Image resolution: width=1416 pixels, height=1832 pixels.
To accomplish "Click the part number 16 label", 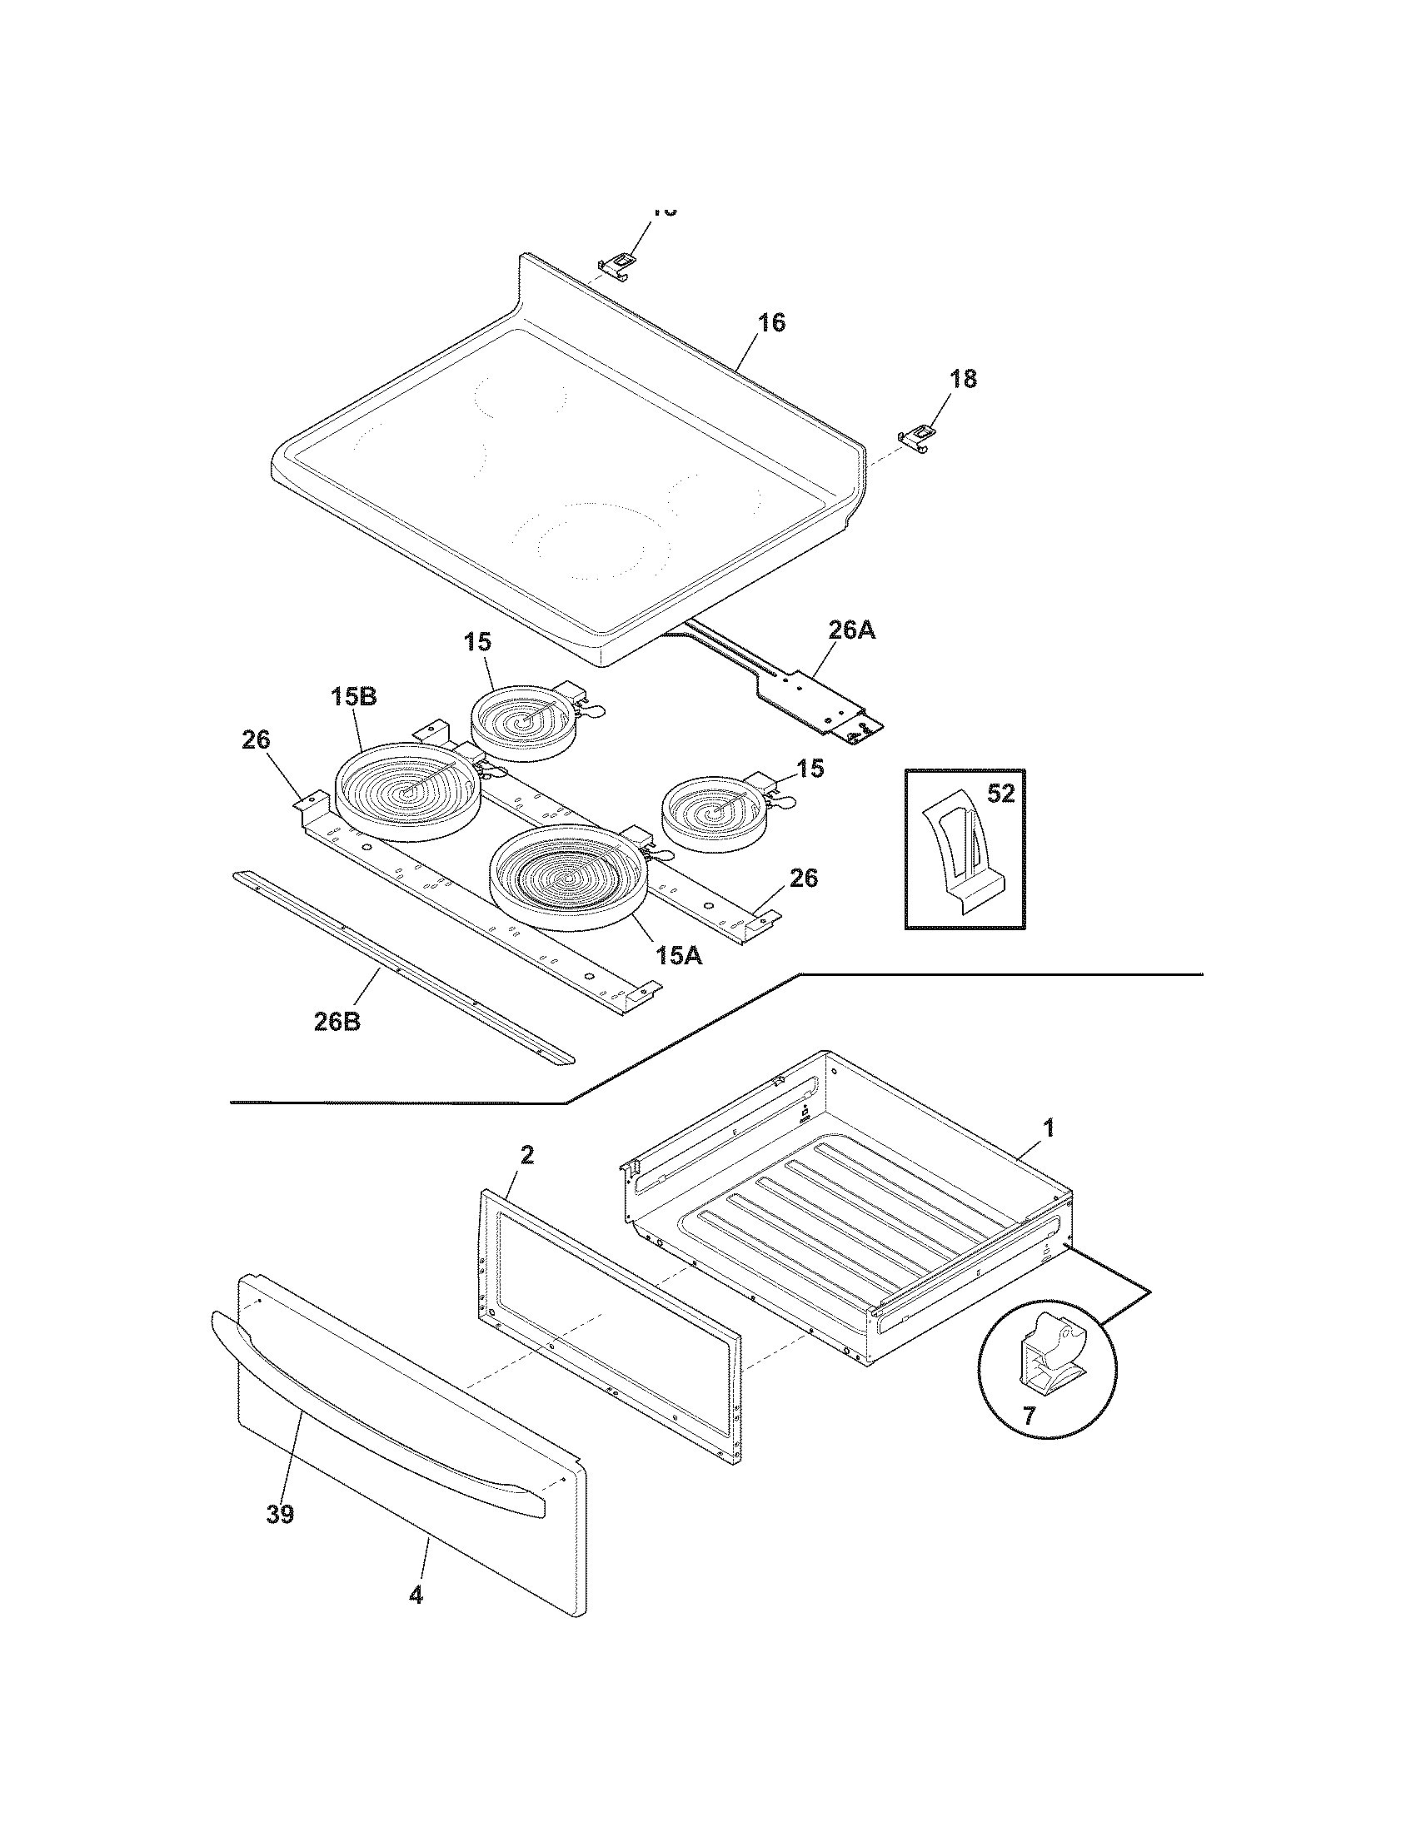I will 773,323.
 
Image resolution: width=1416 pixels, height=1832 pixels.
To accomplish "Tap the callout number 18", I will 964,379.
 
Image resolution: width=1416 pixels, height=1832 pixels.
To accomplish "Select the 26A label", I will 851,631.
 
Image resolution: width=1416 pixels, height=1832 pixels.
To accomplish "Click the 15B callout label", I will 352,697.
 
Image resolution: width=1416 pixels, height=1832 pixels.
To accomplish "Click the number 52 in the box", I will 1000,794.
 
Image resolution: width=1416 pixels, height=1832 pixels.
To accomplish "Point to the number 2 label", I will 526,1156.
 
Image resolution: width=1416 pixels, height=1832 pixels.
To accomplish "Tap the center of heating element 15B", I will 407,790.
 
